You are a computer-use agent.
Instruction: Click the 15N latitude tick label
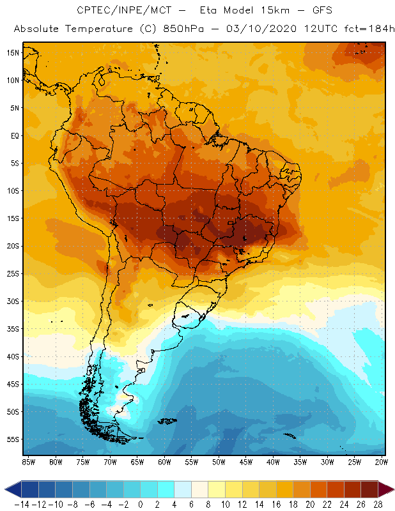[13, 52]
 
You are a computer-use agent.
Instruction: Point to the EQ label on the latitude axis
[13, 135]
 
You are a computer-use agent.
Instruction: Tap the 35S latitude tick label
[13, 329]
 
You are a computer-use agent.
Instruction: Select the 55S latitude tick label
[13, 439]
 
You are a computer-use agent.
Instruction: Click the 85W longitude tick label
[28, 461]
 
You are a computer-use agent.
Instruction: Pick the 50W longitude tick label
[219, 461]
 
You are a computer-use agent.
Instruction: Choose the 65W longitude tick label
[137, 461]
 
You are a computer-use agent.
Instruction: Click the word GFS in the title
[321, 11]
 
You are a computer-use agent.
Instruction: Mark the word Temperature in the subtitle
[96, 29]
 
